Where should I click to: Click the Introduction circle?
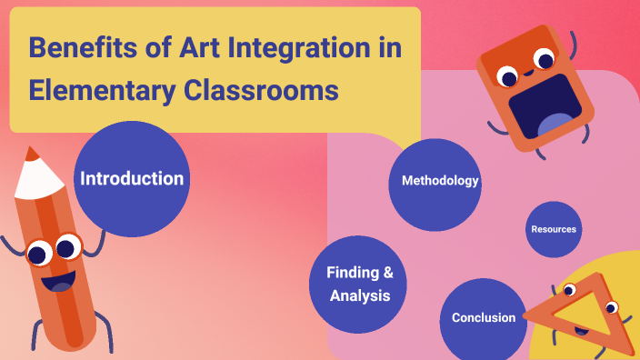132,179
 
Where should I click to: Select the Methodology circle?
435,181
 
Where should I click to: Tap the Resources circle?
554,229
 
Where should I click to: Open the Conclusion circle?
484,318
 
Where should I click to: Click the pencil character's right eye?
67,246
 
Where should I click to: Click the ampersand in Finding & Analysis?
387,273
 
